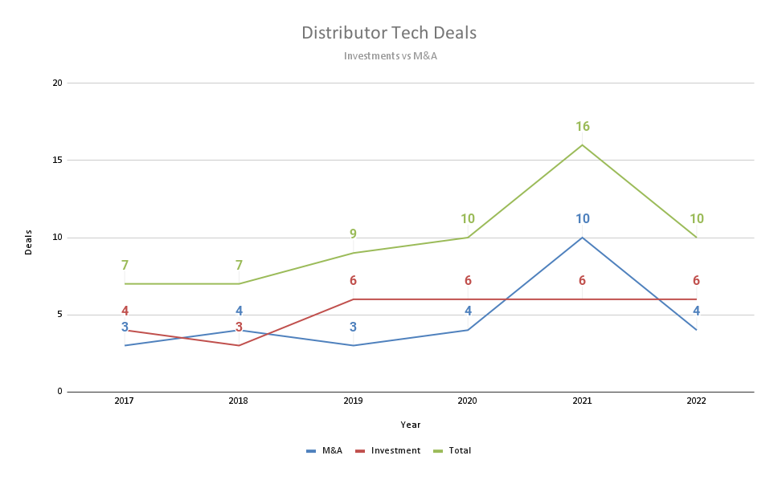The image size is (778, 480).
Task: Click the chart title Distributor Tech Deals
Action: click(x=389, y=33)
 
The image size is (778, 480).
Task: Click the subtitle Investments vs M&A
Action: click(x=390, y=56)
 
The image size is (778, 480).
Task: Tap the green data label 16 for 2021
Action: click(x=583, y=127)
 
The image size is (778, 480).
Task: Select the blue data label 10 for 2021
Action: click(x=583, y=219)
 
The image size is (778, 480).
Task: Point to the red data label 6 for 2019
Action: click(x=353, y=281)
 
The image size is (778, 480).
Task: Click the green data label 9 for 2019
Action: click(x=353, y=234)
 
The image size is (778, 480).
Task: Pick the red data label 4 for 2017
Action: click(x=125, y=311)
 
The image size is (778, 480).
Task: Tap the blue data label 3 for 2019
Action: click(x=353, y=327)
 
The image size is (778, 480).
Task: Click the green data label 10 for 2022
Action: click(x=697, y=219)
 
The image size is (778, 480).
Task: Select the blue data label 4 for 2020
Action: click(x=468, y=311)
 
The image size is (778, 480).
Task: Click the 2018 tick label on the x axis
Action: click(x=239, y=401)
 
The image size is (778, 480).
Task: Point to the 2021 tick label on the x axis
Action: click(x=582, y=401)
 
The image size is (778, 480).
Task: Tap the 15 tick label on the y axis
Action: click(x=57, y=161)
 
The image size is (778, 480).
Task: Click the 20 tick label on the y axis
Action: click(x=57, y=83)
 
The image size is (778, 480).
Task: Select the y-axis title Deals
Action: click(x=29, y=242)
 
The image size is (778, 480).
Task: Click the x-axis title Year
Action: click(x=411, y=425)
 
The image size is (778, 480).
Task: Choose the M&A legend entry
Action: click(x=325, y=451)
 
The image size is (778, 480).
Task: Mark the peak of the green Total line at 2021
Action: click(x=583, y=145)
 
